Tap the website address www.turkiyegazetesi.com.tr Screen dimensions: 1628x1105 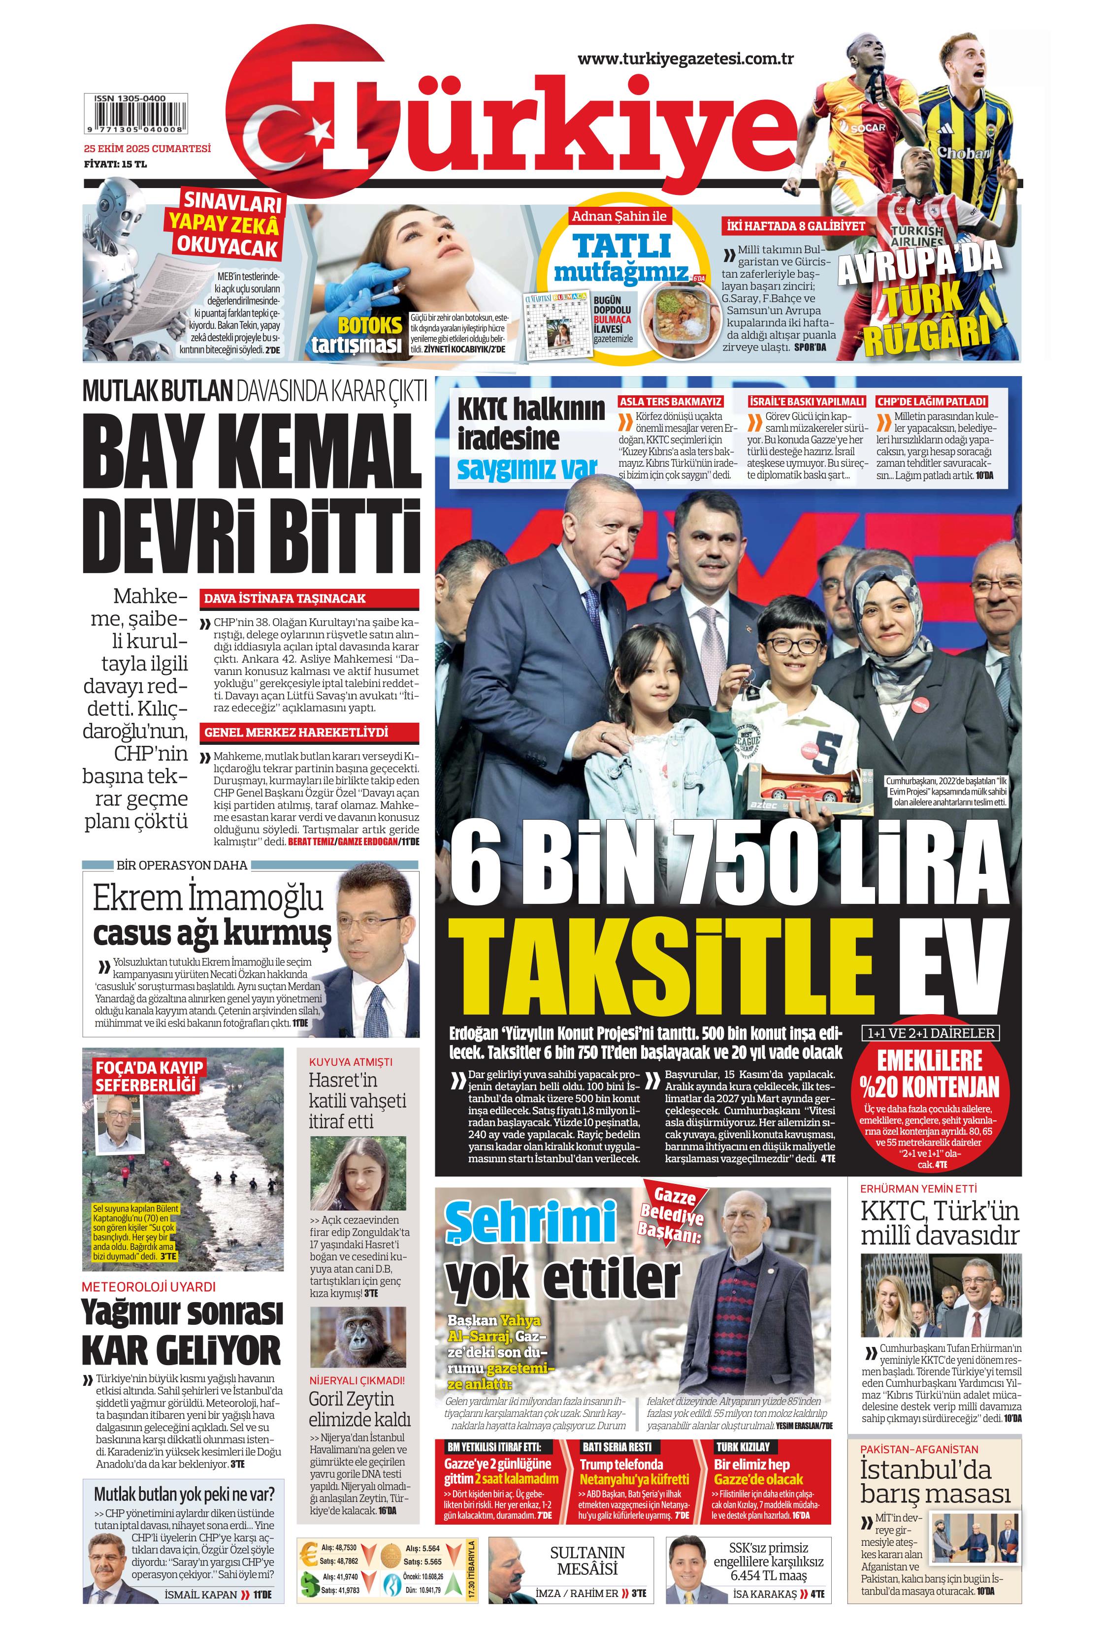pyautogui.click(x=684, y=59)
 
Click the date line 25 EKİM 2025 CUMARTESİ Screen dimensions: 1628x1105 pyautogui.click(x=146, y=149)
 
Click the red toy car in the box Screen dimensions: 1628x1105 pyautogui.click(x=802, y=794)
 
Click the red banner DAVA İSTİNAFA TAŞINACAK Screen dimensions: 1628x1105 pyautogui.click(x=309, y=599)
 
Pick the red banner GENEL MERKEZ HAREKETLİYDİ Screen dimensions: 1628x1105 pyautogui.click(x=309, y=733)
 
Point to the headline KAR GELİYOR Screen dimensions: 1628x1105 pyautogui.click(x=182, y=1351)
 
